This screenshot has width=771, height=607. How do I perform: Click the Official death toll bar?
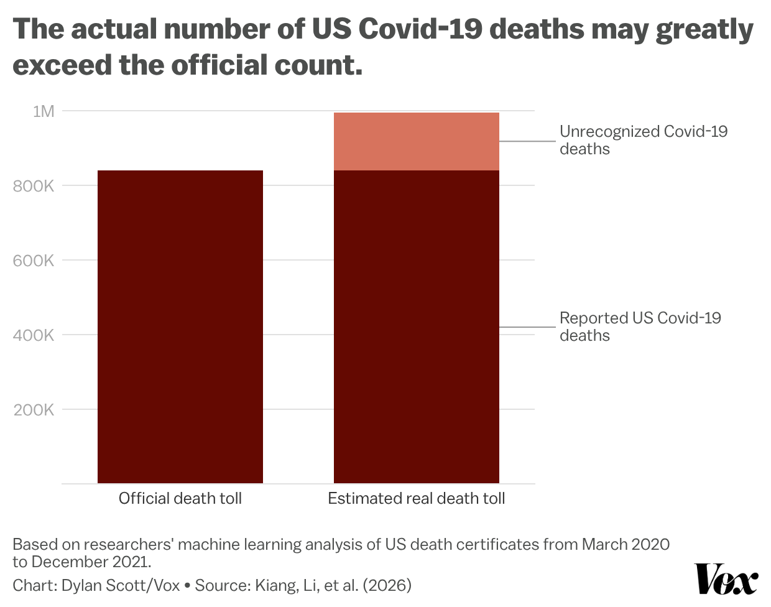[180, 327]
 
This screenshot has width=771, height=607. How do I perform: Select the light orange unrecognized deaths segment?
[416, 142]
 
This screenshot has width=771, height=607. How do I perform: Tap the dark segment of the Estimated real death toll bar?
[416, 327]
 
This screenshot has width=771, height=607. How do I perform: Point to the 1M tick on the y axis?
[44, 111]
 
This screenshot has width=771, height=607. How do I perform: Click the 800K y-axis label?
[34, 186]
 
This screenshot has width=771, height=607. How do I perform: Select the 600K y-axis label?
[34, 261]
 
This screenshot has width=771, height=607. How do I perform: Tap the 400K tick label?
[34, 335]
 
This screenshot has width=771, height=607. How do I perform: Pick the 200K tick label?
[34, 410]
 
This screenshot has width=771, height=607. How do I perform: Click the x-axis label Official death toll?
[180, 498]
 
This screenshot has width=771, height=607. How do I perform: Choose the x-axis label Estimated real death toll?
[416, 498]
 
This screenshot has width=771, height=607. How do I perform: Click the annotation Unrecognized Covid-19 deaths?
[643, 140]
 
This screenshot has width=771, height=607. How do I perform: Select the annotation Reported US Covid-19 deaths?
[640, 327]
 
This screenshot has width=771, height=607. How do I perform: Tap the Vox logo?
[726, 579]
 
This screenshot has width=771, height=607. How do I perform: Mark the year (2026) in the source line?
[387, 585]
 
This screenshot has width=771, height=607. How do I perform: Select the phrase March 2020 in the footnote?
[626, 544]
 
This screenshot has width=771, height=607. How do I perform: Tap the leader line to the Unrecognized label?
[527, 141]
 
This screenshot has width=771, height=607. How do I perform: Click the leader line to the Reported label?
[527, 327]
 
